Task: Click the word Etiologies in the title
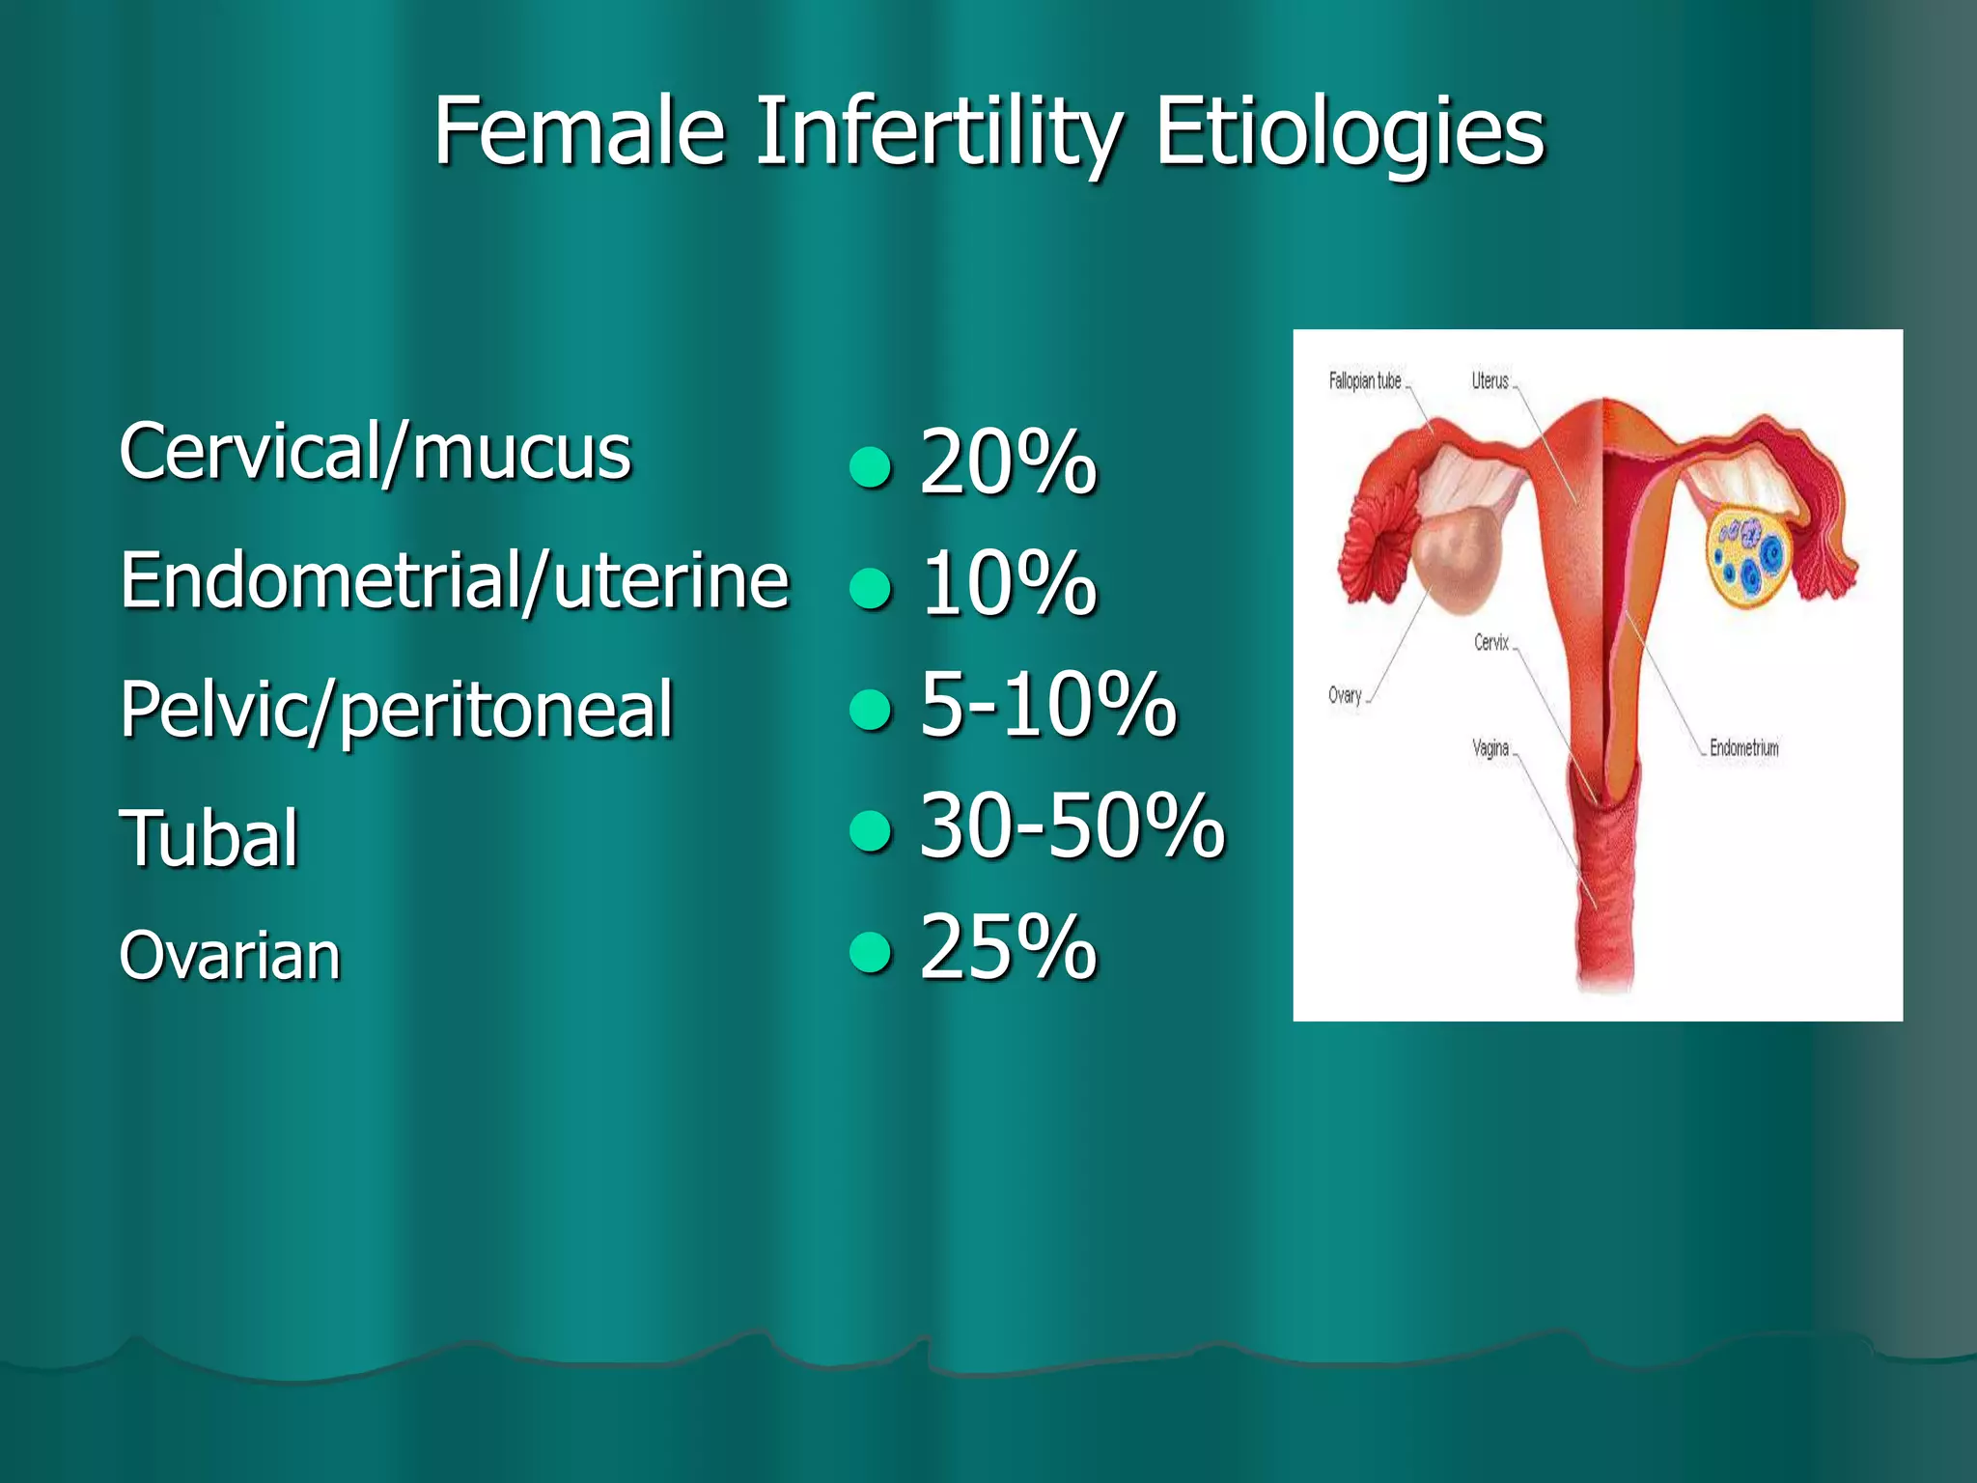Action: click(x=1350, y=132)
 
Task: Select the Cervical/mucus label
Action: click(x=375, y=452)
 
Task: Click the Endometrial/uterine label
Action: click(x=455, y=581)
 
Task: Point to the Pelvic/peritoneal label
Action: click(x=396, y=710)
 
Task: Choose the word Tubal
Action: click(x=209, y=838)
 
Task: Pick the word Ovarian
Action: click(x=230, y=956)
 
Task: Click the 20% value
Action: click(x=1008, y=463)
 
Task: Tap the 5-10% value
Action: click(x=1047, y=705)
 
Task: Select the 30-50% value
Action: click(x=1072, y=825)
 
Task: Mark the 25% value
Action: click(x=1008, y=948)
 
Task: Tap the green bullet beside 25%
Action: click(x=871, y=951)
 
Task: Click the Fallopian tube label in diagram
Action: click(x=1364, y=381)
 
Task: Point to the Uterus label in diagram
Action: click(x=1490, y=381)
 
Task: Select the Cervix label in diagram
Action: click(x=1490, y=643)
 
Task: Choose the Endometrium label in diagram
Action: click(x=1743, y=748)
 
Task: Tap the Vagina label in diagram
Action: click(x=1490, y=748)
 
